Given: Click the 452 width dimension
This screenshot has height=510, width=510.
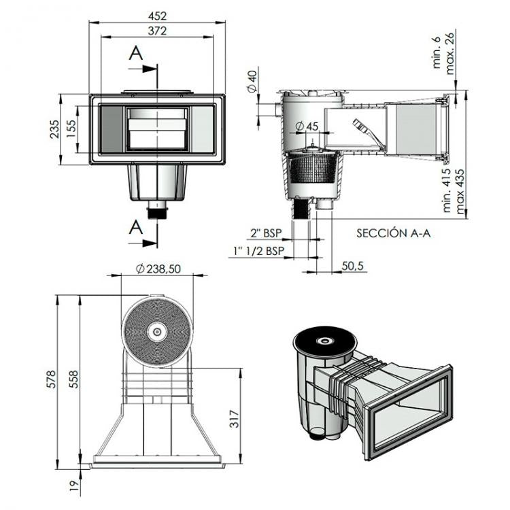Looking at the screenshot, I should [156, 16].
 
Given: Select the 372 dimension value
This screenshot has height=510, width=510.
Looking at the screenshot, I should [156, 31].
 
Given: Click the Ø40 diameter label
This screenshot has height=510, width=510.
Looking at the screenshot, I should [251, 82].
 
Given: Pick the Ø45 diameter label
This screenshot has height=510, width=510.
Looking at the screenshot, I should [309, 126].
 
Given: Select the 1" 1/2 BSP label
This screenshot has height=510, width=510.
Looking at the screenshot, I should [258, 251].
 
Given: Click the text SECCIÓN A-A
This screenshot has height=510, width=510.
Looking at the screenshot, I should [394, 233].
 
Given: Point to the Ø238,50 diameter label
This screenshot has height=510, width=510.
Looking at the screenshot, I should [158, 269].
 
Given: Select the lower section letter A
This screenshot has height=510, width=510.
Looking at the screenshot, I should [137, 226].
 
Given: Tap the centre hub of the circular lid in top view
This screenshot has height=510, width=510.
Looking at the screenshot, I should [157, 332].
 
